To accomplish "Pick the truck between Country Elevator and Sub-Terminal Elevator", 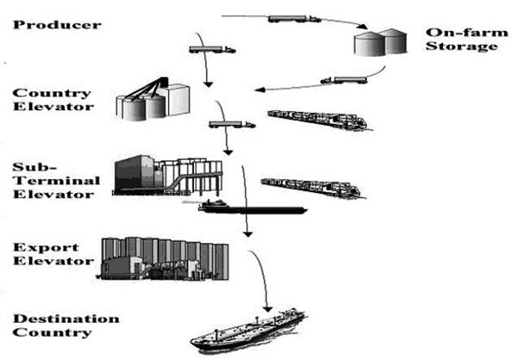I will coord(231,125).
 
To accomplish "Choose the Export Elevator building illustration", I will coord(164,257).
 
